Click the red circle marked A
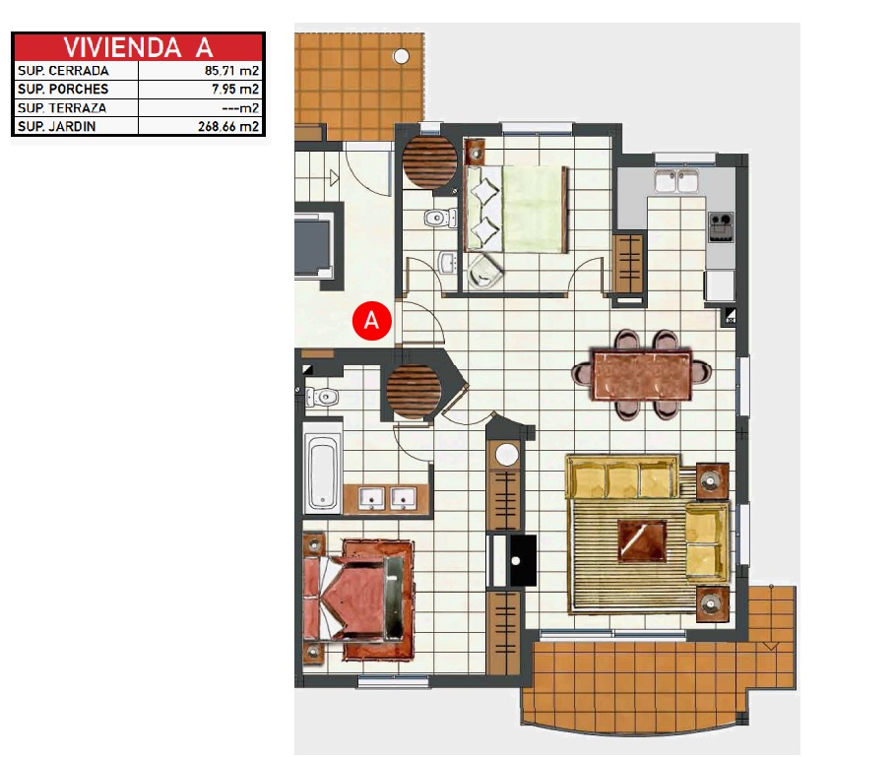[x=372, y=320]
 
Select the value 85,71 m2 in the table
[x=231, y=71]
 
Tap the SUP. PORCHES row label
[x=63, y=89]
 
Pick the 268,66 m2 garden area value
[x=228, y=127]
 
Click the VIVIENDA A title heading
[x=138, y=47]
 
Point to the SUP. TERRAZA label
[x=62, y=107]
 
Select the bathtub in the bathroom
[x=322, y=471]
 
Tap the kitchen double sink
[x=676, y=181]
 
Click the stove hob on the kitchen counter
[x=721, y=226]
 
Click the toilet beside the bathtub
[x=322, y=396]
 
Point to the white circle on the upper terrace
[x=402, y=56]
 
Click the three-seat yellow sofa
[x=622, y=477]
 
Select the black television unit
[x=523, y=561]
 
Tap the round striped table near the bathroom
[x=414, y=392]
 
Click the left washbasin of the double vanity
[x=371, y=498]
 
